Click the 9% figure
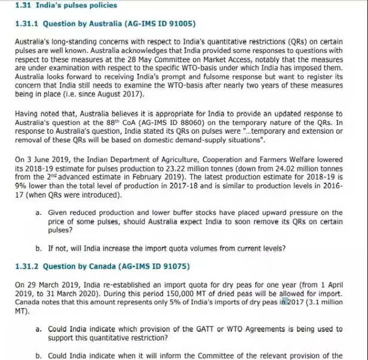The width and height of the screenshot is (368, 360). (x=20, y=186)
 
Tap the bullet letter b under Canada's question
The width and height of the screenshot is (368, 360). (x=38, y=356)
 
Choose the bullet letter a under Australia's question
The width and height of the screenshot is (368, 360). (x=38, y=213)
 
